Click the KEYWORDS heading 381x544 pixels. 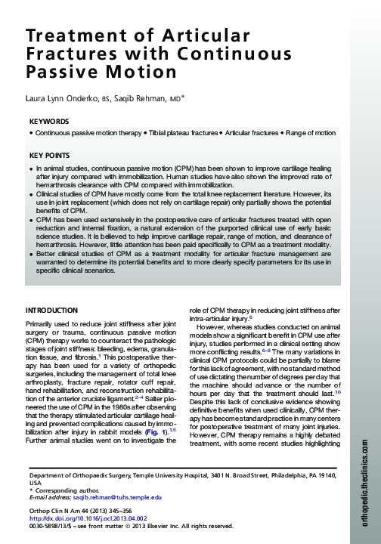49,121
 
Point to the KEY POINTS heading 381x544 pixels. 49,155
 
